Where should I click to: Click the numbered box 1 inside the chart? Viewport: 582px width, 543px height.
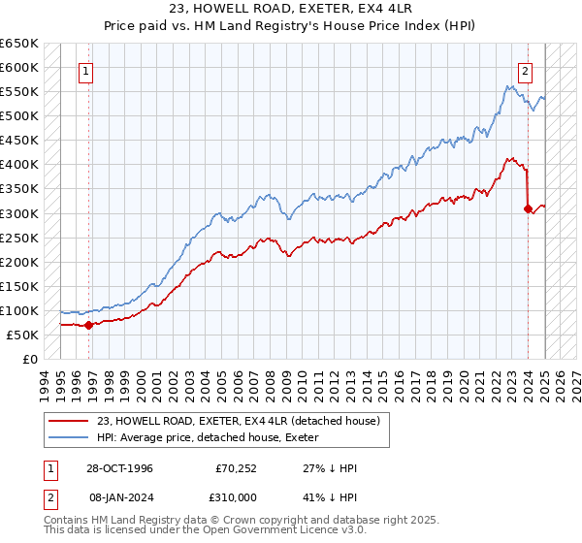click(86, 71)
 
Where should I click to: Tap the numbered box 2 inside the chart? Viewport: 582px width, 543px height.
click(524, 71)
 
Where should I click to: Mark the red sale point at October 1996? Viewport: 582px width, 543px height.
click(88, 325)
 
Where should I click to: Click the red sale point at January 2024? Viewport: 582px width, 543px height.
click(528, 208)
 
